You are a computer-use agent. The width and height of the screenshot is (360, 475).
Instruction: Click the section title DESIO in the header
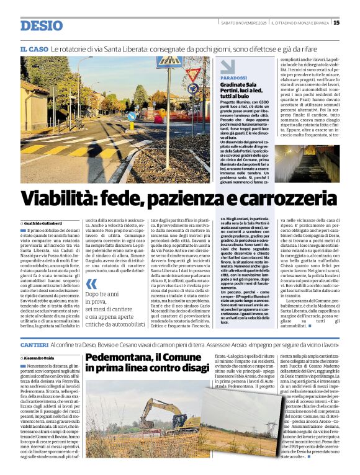pyautogui.click(x=42, y=25)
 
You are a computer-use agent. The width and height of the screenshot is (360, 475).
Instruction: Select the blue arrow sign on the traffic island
pyautogui.click(x=132, y=116)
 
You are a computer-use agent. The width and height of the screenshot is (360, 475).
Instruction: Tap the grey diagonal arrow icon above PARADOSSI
pyautogui.click(x=228, y=66)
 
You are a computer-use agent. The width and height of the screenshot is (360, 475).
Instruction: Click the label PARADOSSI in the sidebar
pyautogui.click(x=233, y=79)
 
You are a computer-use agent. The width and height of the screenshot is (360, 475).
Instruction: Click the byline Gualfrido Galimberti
pyautogui.click(x=45, y=223)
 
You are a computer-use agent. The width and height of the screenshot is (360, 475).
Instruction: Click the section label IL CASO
pyautogui.click(x=34, y=48)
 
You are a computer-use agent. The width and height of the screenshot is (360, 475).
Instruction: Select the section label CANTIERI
pyautogui.click(x=34, y=344)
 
